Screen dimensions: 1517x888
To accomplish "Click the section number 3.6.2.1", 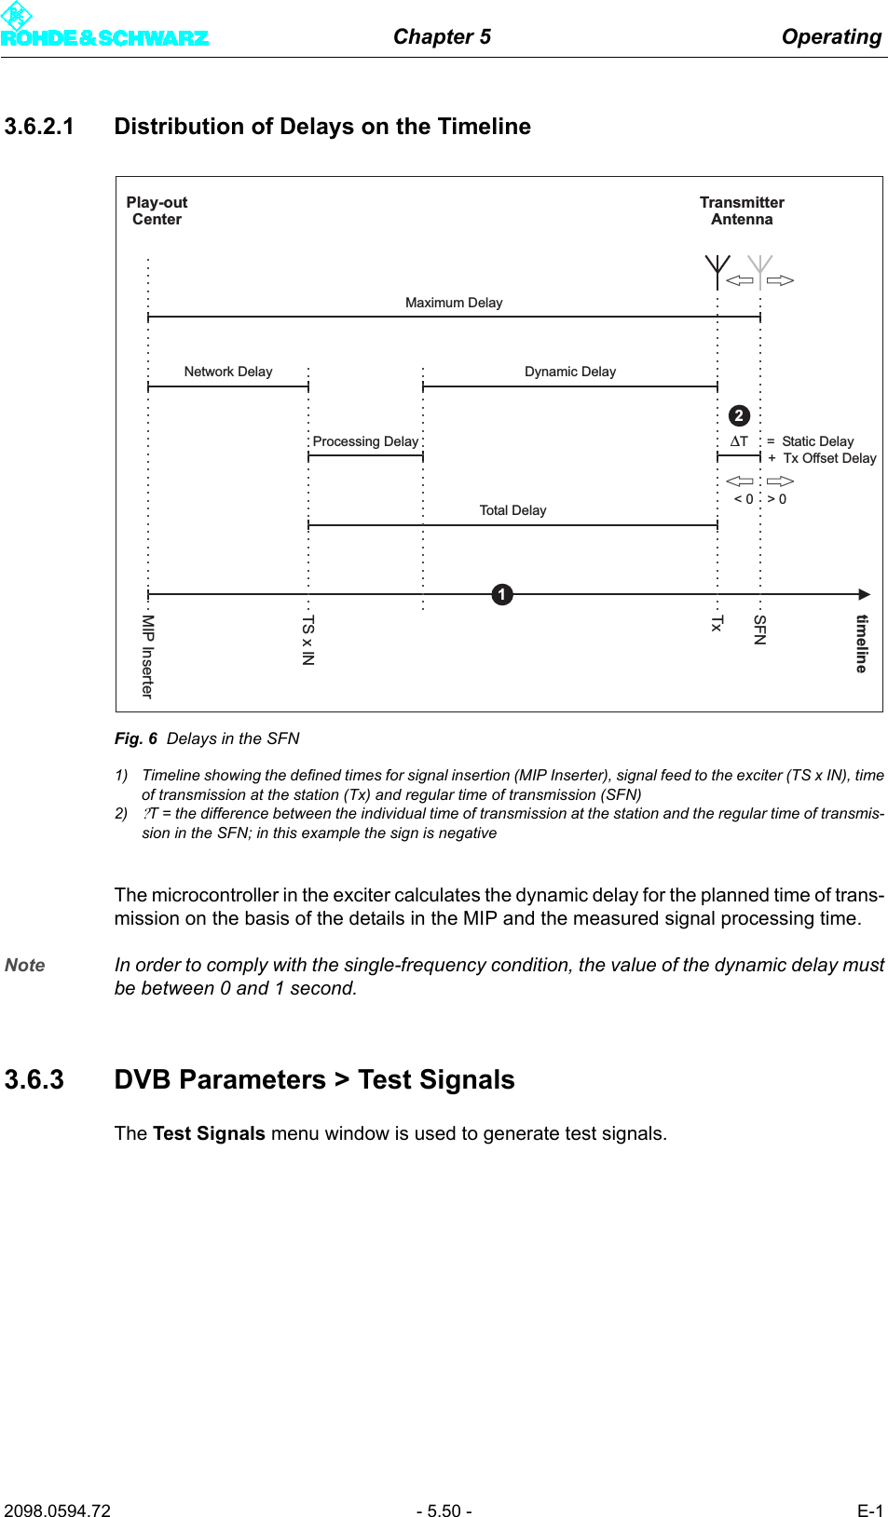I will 39,127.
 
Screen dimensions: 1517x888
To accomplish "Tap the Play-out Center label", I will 157,210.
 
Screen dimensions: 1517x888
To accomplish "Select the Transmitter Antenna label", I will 742,210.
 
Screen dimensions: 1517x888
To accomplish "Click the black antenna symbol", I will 717,271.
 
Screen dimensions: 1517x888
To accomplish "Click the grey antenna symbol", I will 760,271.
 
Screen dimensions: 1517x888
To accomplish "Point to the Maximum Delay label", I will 454,303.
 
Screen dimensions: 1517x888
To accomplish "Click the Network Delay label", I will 228,372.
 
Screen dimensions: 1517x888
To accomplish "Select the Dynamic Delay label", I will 570,372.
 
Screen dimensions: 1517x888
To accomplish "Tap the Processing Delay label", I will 365,441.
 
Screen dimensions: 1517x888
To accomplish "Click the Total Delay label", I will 512,510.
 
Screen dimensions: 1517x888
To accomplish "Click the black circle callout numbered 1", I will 502,594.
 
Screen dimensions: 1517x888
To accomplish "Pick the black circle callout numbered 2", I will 739,415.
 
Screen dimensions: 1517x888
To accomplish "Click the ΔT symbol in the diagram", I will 739,441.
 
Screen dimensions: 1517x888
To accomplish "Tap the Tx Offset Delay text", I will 829,458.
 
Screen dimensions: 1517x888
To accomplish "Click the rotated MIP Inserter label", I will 147,656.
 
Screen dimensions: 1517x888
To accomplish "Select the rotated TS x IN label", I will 308,640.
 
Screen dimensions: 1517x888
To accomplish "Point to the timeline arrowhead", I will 864,594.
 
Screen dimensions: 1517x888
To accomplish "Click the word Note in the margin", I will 25,966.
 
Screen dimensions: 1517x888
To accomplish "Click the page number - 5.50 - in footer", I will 444,1510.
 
